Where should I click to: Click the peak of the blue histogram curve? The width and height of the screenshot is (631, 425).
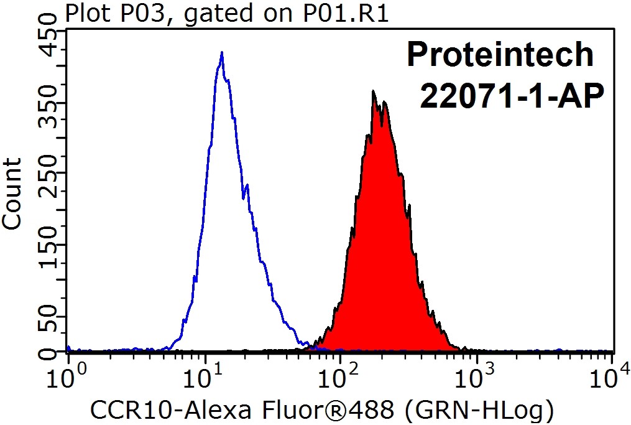point(221,54)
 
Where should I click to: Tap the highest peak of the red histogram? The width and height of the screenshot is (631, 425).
point(373,92)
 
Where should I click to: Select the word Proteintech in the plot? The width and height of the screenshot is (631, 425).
point(500,55)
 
